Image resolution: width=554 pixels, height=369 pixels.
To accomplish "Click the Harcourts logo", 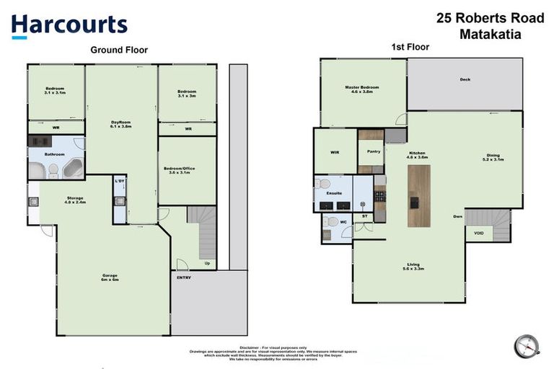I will click(69, 26).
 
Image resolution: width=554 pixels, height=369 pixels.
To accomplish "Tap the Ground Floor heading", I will click(119, 50).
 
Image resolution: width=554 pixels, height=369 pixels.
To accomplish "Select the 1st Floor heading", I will click(410, 47).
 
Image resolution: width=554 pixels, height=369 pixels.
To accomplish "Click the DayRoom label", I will click(120, 123).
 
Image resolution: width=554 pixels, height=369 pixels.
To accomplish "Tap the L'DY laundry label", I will click(120, 181).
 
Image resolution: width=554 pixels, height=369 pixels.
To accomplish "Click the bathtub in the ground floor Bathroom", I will click(73, 169).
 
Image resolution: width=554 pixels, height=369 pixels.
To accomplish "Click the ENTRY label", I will click(185, 277).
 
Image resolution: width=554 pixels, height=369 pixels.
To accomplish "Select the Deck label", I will click(465, 79).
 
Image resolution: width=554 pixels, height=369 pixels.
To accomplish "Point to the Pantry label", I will click(374, 151).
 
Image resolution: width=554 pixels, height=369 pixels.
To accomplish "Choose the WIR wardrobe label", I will click(334, 152).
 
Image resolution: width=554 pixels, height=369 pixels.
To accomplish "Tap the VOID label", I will click(479, 233).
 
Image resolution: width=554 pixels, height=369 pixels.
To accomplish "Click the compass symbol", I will click(527, 346).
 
